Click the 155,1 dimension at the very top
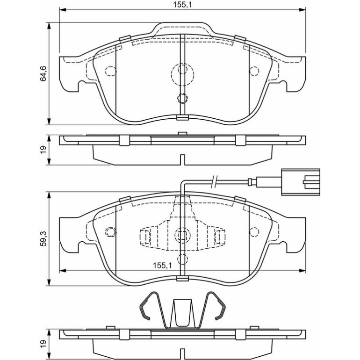(x=182, y=4)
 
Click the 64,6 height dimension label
(x=43, y=73)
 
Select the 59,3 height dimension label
(x=43, y=239)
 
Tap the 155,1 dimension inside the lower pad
(x=162, y=266)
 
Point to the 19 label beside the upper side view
(x=43, y=150)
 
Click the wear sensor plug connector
(x=301, y=182)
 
